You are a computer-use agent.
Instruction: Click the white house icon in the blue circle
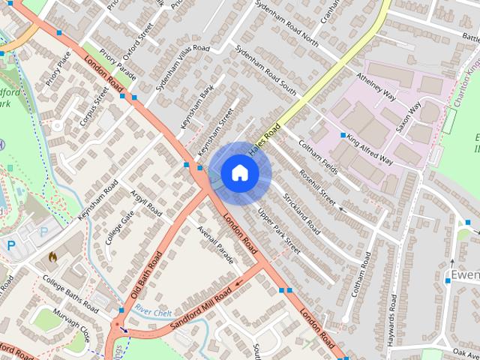click(238, 173)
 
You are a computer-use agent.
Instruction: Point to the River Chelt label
click(154, 311)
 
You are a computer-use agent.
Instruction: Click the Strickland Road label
click(302, 214)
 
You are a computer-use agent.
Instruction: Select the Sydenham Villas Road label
click(182, 67)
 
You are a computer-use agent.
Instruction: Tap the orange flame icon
click(52, 256)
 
